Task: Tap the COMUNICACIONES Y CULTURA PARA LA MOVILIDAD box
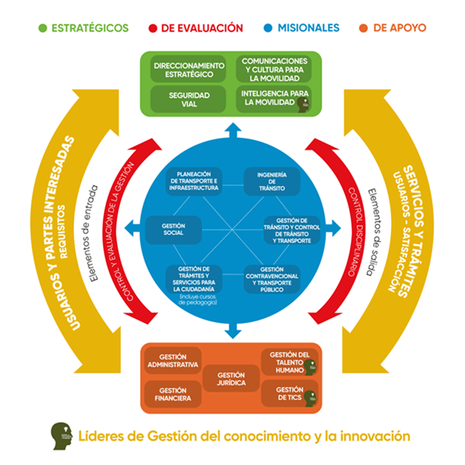click(275, 69)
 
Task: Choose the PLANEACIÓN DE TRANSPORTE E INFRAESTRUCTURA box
click(196, 180)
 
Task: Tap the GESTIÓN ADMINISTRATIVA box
click(173, 362)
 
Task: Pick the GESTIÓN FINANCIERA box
click(173, 394)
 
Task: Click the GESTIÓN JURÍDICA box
click(232, 378)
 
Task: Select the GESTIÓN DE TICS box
click(291, 393)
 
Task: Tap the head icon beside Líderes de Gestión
click(61, 434)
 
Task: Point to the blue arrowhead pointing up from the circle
click(232, 129)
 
